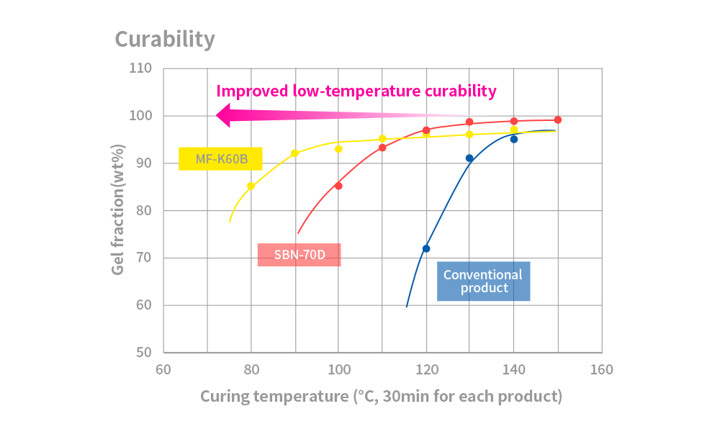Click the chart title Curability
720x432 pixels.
coord(165,39)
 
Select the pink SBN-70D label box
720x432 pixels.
coord(299,255)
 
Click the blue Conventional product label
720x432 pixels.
coord(483,281)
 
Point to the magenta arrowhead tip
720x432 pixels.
coord(217,115)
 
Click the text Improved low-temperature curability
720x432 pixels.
coord(356,91)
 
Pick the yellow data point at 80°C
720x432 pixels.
coord(251,186)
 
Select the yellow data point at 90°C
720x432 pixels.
coord(294,153)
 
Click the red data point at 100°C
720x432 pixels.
coord(338,186)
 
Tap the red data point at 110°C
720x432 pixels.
coord(382,148)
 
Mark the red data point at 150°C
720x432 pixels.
coord(558,120)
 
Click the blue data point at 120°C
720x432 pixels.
coord(426,248)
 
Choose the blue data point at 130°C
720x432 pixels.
coord(469,158)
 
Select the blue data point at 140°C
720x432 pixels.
coord(514,139)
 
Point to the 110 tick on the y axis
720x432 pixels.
coord(140,68)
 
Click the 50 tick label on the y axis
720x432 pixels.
coord(143,353)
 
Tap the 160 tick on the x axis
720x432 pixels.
coord(601,370)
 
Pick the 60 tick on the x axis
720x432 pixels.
coord(163,370)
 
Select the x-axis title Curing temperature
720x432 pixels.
coord(381,396)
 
